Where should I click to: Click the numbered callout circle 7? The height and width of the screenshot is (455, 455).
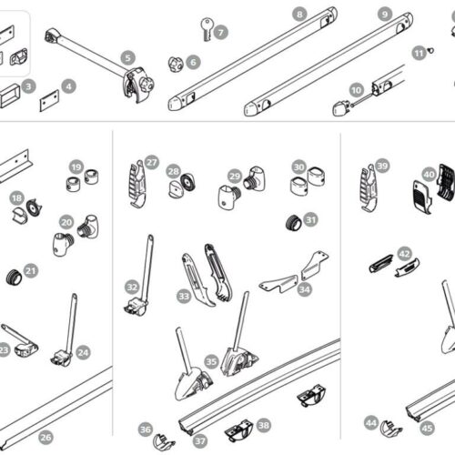click(x=221, y=32)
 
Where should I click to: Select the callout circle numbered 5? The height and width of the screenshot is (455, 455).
click(x=127, y=58)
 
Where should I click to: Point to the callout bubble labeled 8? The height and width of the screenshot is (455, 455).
click(x=298, y=14)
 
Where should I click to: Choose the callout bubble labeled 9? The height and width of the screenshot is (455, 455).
click(x=385, y=15)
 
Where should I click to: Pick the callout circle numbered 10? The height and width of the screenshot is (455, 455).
click(x=356, y=89)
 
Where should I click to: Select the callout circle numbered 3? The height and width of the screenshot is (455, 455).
click(x=29, y=87)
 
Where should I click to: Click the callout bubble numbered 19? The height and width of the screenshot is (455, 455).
click(x=76, y=167)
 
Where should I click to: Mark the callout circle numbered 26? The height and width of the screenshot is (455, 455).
click(x=45, y=437)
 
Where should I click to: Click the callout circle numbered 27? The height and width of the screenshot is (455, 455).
click(x=151, y=162)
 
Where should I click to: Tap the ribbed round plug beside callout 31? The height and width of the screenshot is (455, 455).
click(x=293, y=222)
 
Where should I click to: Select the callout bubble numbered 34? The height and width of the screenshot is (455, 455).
click(x=304, y=289)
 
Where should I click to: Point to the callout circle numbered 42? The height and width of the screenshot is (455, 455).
click(x=404, y=254)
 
